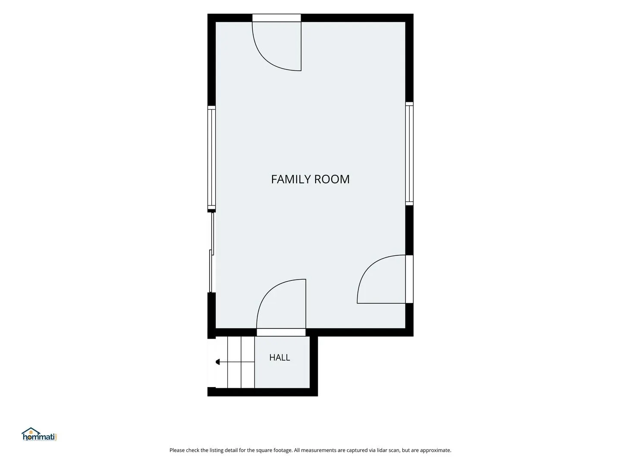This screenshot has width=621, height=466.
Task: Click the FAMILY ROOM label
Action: pos(310,179)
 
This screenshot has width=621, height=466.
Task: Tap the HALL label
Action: pos(279,357)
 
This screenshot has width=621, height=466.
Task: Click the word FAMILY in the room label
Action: pos(291,179)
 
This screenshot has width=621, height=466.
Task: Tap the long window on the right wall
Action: pos(409,153)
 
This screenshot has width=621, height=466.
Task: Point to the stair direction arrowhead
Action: pos(217,362)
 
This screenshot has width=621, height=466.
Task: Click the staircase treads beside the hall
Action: pos(235,362)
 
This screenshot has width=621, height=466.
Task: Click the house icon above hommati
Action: pos(31,431)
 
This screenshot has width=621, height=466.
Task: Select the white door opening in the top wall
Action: pos(276,18)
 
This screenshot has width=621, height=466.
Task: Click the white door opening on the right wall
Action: pos(409,279)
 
